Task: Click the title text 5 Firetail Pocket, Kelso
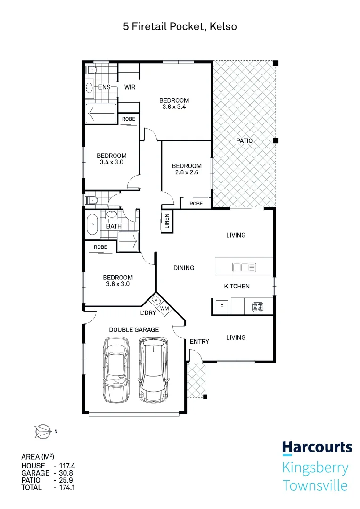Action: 180,27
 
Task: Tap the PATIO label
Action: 244,140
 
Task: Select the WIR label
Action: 130,87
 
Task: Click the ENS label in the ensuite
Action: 104,87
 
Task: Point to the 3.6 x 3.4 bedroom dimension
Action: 174,107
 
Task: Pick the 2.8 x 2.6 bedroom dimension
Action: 186,172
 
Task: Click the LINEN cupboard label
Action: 167,221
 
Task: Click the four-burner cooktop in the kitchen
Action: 257,307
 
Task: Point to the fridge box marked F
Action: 222,307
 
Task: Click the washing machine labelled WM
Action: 164,308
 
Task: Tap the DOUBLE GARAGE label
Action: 134,330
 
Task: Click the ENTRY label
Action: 199,341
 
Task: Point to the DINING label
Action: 184,268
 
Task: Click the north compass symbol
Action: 42,430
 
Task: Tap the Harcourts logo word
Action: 317,447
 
